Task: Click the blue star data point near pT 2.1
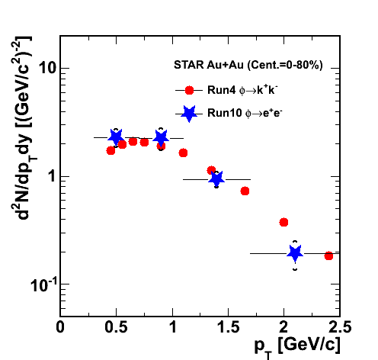click(295, 253)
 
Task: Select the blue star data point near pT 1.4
click(216, 178)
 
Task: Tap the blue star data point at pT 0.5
click(116, 137)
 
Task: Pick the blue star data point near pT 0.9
click(161, 138)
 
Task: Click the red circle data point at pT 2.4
click(328, 256)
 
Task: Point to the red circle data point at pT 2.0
click(283, 223)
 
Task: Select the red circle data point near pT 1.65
click(245, 191)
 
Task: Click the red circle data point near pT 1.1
click(183, 153)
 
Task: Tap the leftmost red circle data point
click(111, 151)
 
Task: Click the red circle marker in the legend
click(189, 90)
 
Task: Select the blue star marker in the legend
click(189, 114)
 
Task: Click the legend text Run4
click(222, 90)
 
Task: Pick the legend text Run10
click(225, 113)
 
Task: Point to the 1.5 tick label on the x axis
click(229, 327)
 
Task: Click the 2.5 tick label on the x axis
click(340, 327)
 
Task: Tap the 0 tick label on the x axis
click(60, 327)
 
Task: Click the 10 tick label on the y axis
click(47, 68)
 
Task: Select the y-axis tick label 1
click(53, 176)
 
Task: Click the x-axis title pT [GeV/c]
click(297, 346)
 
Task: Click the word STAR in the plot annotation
click(189, 65)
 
